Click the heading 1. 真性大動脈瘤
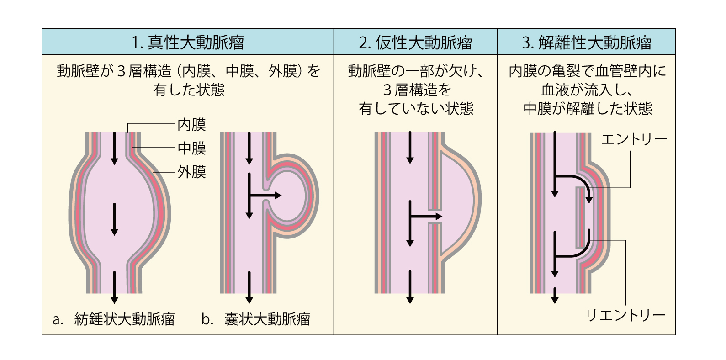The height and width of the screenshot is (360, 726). pos(187,42)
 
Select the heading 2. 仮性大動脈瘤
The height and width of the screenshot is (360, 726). pos(415,42)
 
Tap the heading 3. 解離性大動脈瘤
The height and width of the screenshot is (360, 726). pos(586,42)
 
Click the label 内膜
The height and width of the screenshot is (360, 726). pos(192,124)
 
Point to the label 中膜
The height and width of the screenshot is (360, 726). pos(192,148)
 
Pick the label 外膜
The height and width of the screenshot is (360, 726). pos(192,172)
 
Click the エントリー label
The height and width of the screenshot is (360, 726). pos(634,138)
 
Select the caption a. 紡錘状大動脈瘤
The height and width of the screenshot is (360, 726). pos(114,319)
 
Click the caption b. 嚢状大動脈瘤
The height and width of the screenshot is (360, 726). pos(256,319)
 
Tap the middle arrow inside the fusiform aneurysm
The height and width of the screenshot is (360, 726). pos(114,219)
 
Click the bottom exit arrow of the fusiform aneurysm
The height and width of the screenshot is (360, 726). pos(114,288)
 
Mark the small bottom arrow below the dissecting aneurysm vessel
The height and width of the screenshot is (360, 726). pos(555,296)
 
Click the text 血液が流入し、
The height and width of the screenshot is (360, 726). pos(587,90)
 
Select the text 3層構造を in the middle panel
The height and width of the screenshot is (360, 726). pos(416,90)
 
